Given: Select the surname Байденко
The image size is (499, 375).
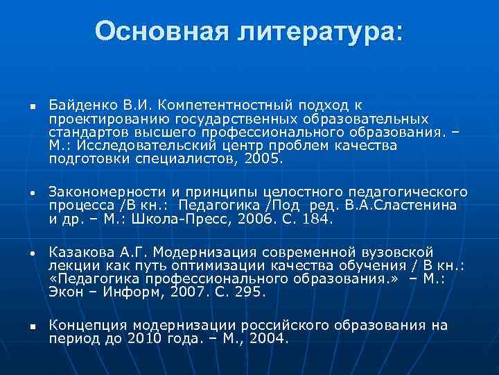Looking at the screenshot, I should (77, 105).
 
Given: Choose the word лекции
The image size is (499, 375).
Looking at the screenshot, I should (70, 265).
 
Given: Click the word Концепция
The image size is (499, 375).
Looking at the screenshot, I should (85, 326).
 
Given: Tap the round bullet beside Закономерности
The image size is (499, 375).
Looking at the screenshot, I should (32, 193).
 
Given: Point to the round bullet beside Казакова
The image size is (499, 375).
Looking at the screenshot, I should (32, 253).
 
